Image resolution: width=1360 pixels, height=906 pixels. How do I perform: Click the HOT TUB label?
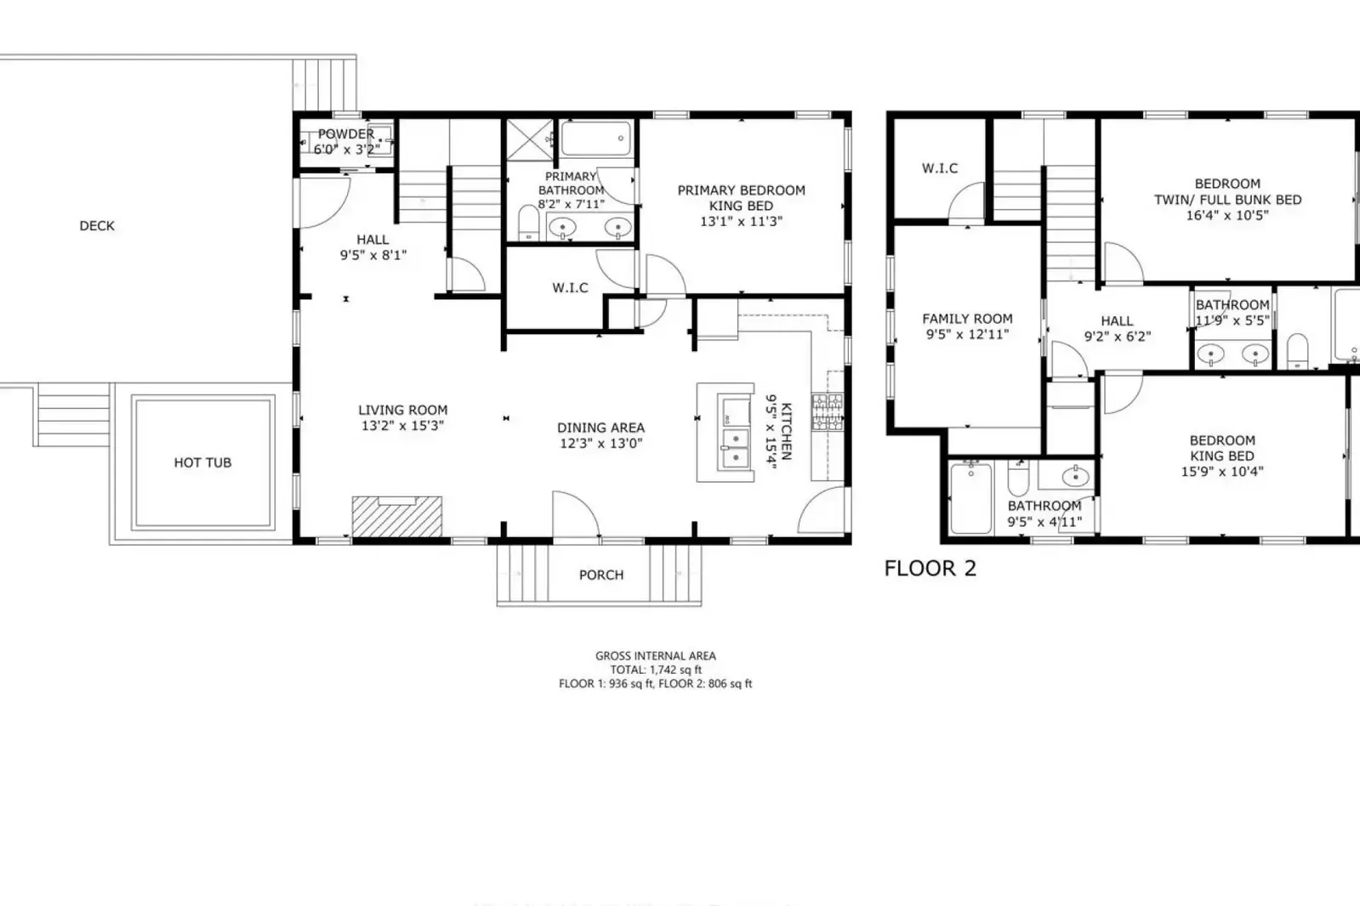point(202,462)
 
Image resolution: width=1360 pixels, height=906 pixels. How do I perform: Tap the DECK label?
point(97,226)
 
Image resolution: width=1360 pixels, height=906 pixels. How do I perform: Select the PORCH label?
point(601,575)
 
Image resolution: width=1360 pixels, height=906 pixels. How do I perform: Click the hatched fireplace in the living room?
point(397,517)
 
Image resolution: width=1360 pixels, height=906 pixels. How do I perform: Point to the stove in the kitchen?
point(828,412)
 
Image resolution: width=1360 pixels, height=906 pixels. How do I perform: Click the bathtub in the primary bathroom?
point(596,139)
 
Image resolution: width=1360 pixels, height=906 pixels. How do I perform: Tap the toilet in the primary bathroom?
point(529,223)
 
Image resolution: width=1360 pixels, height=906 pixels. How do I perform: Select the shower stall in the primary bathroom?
point(530,140)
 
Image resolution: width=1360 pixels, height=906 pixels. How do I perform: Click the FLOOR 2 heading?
point(930,569)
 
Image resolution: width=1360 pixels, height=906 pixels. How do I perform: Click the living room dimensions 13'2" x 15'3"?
point(402,426)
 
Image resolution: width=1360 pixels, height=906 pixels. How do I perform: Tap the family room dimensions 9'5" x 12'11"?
point(967,334)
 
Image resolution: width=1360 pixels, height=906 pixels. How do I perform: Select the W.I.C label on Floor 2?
point(940,168)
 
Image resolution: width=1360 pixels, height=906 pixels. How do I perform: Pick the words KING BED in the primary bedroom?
point(742,206)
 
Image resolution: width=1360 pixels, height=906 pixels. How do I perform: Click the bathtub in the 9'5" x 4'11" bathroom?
point(970,498)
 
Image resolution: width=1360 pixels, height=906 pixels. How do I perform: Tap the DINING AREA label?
point(601,428)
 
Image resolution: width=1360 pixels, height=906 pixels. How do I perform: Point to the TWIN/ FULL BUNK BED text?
point(1227,200)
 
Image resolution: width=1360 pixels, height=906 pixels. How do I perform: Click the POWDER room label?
point(346,134)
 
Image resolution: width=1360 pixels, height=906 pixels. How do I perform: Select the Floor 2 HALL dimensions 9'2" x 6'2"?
point(1118,337)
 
